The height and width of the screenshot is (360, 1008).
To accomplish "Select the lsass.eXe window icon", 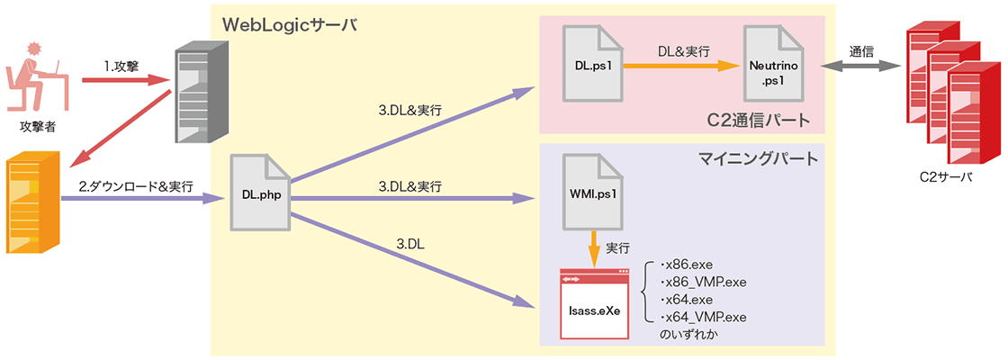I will (595, 303).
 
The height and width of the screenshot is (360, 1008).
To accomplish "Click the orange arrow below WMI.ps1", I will (593, 247).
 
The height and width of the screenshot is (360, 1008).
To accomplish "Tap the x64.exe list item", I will (688, 299).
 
